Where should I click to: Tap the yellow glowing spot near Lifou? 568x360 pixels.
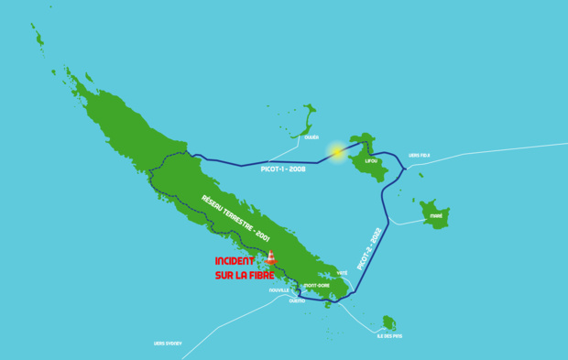338,151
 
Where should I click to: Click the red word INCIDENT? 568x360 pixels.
238,261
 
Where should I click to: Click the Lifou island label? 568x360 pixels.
371,160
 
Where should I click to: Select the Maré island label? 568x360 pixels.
436,217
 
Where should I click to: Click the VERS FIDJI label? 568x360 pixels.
420,155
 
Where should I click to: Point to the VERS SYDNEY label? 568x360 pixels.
168,343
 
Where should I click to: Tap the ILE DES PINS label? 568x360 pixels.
391,336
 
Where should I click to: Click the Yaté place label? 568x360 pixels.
343,273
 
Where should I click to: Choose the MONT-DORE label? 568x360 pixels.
317,285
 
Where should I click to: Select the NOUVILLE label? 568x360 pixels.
279,290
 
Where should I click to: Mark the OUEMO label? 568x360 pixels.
297,300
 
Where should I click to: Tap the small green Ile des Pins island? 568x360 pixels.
389,322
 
